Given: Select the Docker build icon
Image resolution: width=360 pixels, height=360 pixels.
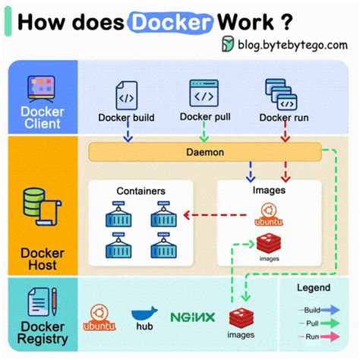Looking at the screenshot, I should point(125,96).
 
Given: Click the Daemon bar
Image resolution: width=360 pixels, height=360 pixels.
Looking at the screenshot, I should point(205,152).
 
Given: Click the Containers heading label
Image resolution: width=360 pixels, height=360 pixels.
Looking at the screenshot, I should point(141,191).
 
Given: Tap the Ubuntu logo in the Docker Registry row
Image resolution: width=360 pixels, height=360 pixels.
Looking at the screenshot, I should point(98,315).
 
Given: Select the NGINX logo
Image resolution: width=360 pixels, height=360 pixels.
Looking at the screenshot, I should point(192,317).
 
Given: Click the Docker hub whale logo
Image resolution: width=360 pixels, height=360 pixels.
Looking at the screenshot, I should point(144,314).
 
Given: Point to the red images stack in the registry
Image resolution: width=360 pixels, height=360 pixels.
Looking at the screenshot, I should point(241,317).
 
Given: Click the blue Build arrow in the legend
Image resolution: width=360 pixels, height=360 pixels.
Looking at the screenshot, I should point(330,309).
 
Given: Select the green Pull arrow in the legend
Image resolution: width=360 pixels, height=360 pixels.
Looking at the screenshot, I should point(330,322).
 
